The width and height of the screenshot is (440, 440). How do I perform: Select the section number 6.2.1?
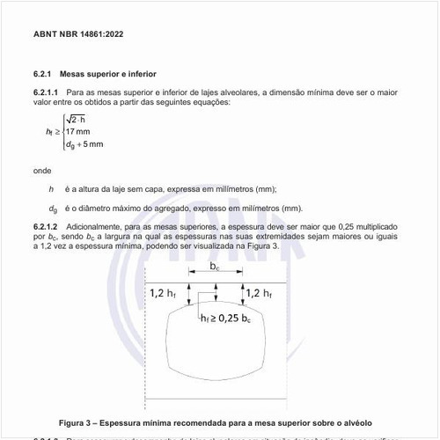43,74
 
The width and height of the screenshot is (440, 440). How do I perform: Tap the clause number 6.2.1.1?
46,92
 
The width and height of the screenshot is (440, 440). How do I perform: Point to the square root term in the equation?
76,120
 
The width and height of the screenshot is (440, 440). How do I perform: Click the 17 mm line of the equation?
77,132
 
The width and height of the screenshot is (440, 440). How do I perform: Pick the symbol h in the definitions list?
52,189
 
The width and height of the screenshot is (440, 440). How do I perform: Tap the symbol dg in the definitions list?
53,209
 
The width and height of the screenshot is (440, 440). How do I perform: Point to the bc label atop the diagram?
215,265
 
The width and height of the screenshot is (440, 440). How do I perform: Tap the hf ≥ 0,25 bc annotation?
230,317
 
